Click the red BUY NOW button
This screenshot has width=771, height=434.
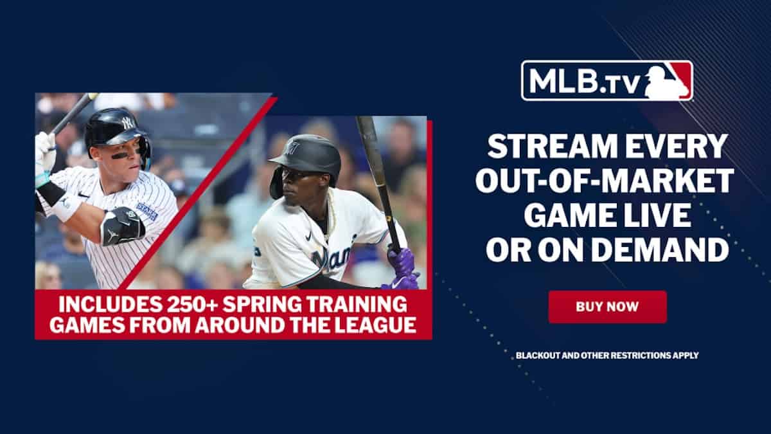tap(607, 307)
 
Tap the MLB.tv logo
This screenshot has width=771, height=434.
tap(607, 80)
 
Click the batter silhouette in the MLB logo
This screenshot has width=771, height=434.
tap(668, 80)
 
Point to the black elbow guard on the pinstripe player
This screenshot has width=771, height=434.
tap(122, 226)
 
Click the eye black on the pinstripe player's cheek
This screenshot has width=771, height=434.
tap(119, 156)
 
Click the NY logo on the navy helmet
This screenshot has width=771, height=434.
tap(127, 122)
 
